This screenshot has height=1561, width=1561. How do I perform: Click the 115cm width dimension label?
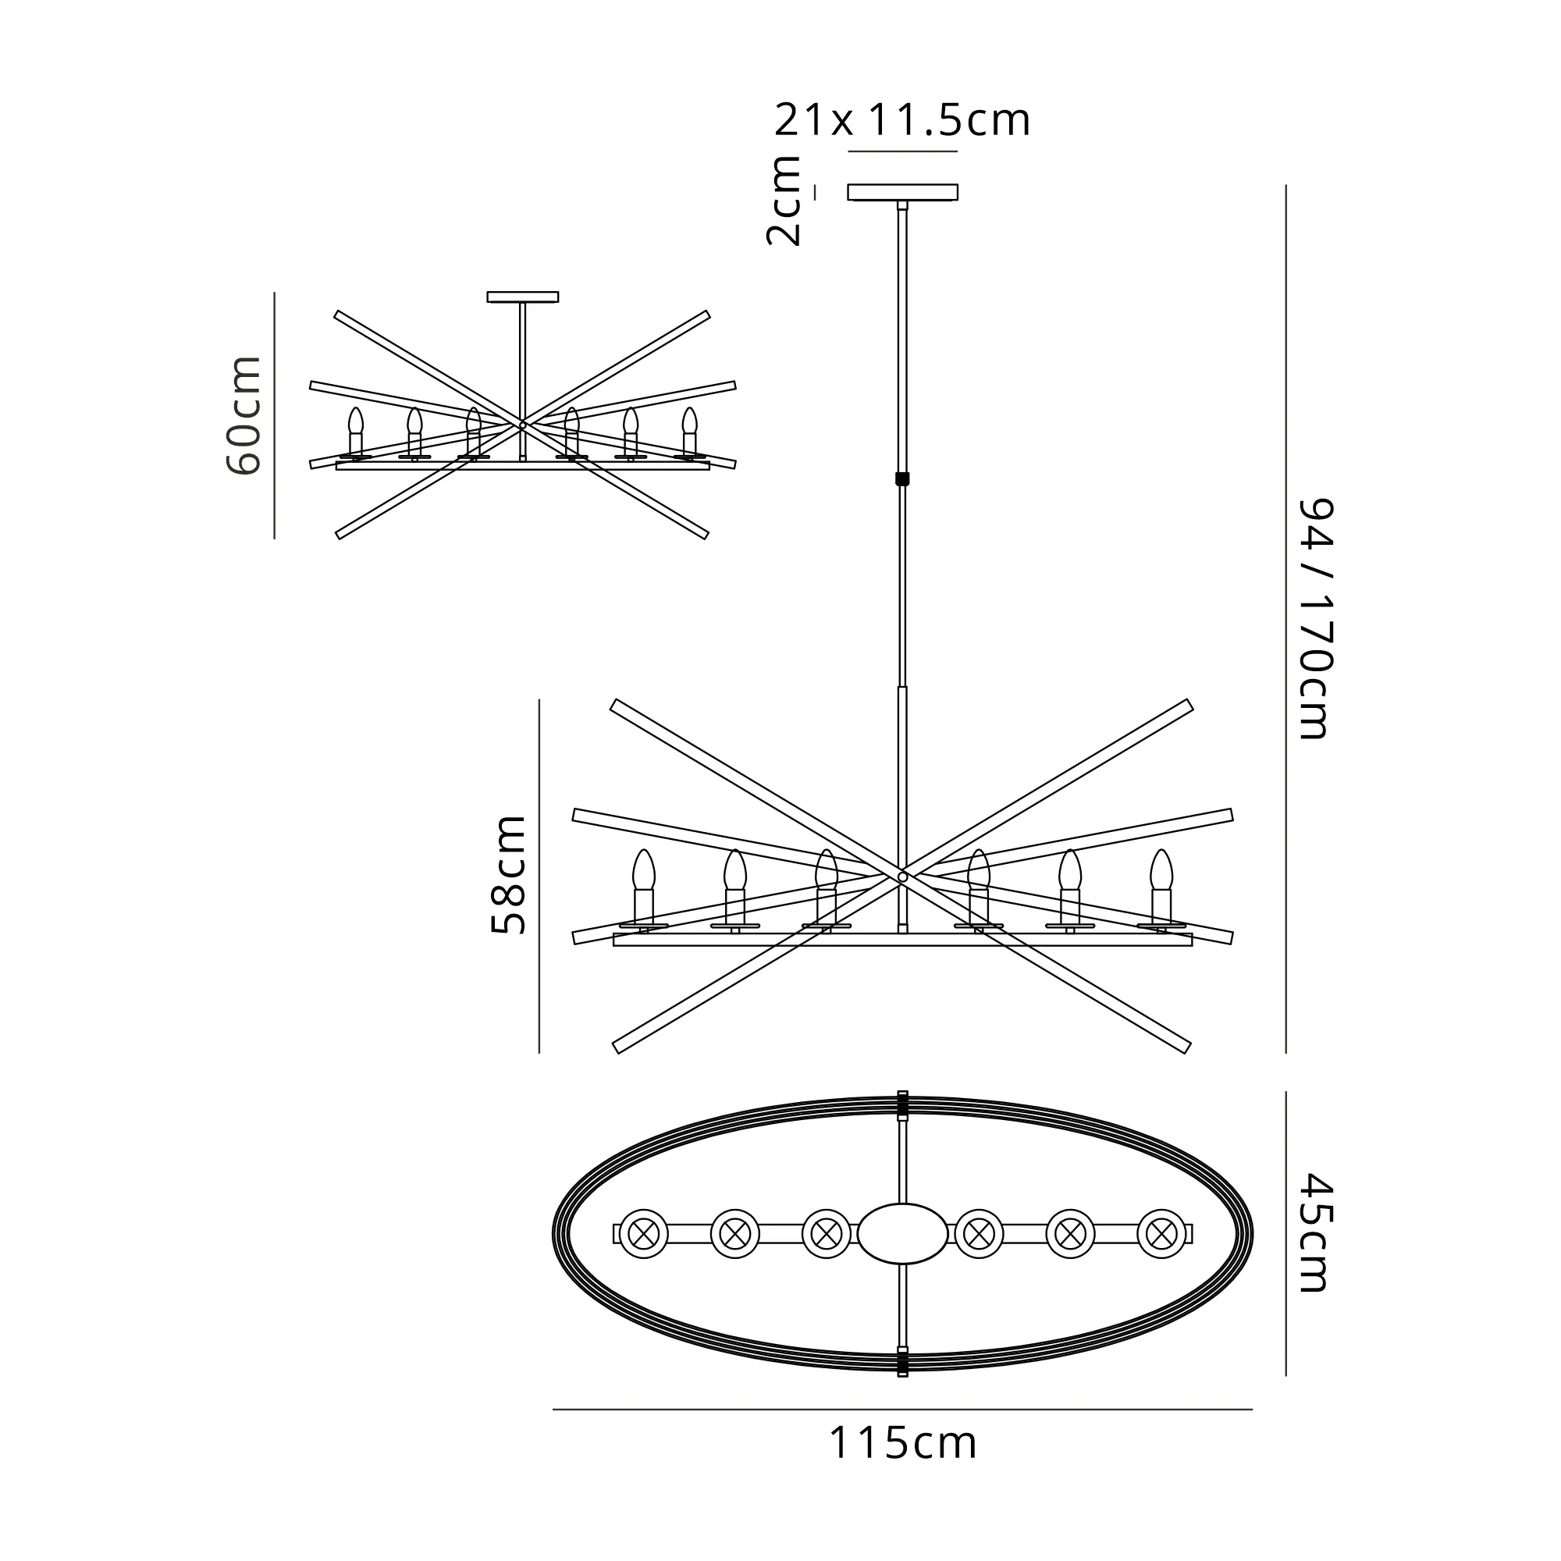pos(902,1443)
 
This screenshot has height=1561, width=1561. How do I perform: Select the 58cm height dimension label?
pos(509,874)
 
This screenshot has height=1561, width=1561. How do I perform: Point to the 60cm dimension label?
pos(244,415)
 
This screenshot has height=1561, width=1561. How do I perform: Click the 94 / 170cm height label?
pos(1314,619)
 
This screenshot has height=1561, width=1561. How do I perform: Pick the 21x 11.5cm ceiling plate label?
pos(902,121)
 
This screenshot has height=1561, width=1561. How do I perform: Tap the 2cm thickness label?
pos(783,201)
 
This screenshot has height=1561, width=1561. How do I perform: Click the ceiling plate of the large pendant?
pos(902,192)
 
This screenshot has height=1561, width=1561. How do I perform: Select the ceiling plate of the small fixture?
pos(523,297)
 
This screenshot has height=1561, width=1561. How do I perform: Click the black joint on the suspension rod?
pos(902,478)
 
